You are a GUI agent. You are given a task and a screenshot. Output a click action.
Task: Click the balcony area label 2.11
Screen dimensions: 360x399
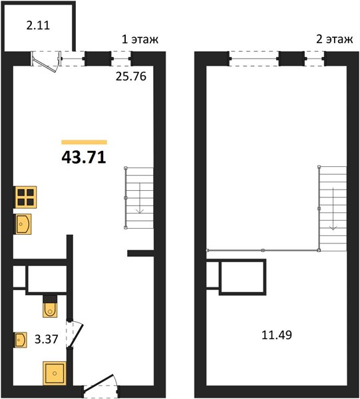point(38,25)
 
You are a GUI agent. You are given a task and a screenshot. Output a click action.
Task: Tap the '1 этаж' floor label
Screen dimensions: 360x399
point(140,39)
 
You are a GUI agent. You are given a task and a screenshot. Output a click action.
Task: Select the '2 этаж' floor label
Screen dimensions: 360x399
point(334,39)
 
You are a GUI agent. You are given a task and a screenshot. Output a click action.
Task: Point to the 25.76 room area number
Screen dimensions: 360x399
point(131,76)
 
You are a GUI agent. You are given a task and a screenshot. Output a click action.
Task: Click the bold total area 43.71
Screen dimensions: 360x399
point(84,157)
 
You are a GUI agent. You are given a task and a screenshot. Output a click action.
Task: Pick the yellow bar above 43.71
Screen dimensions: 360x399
point(84,142)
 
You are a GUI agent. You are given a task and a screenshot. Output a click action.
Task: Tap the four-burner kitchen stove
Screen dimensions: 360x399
point(26,198)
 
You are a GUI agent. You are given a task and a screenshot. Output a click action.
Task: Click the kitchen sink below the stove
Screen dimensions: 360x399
point(23,224)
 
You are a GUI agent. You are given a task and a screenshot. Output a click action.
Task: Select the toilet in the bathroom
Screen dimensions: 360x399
point(50,307)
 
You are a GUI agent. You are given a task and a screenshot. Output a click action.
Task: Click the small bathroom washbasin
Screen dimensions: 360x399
point(21,340)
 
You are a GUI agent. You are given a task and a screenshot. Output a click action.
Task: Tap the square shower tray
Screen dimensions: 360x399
point(55,373)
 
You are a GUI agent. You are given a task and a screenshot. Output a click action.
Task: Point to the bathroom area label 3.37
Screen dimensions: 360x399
point(47,339)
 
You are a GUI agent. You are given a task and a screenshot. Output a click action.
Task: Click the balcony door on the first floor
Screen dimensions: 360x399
point(46,62)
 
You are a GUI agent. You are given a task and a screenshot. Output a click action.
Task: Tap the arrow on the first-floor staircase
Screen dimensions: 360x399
point(140,198)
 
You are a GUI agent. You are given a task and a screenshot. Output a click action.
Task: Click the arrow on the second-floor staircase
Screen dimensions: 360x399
point(333,209)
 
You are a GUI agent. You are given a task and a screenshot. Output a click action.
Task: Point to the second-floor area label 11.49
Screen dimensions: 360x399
point(277,335)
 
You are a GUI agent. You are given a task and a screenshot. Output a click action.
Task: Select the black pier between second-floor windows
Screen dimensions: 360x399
point(291,59)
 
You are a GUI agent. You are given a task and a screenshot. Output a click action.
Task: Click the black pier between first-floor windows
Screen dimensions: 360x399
point(98,59)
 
